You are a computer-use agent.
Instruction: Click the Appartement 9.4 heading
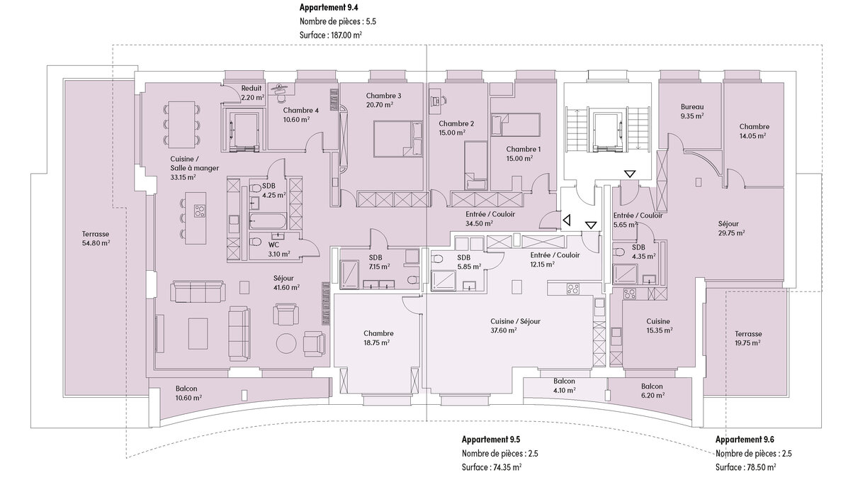point(329,8)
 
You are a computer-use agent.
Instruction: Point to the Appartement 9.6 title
point(744,440)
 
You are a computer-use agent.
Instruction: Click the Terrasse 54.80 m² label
point(96,238)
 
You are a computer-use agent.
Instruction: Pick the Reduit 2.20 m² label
point(252,93)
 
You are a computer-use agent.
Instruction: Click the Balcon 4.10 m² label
point(564,385)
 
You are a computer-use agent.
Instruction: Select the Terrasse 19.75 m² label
point(748,337)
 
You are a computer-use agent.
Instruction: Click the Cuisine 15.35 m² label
point(658,325)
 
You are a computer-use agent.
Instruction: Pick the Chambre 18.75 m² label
point(378,337)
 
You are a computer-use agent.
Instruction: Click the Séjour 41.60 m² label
point(287,282)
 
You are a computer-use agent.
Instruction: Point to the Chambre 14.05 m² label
point(755,131)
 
